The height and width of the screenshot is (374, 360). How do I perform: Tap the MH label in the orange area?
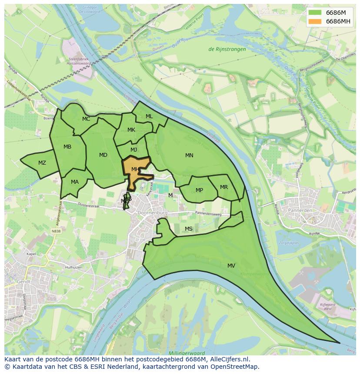(135, 169)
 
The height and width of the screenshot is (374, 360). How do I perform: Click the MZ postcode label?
(42, 163)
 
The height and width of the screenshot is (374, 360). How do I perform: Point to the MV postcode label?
(231, 266)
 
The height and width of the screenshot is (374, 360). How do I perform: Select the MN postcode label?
(189, 156)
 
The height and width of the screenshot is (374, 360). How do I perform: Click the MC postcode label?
(86, 119)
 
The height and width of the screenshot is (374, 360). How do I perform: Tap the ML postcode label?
(149, 116)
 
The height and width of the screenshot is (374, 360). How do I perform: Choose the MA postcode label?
(75, 182)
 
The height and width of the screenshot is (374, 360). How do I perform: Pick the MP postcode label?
(199, 190)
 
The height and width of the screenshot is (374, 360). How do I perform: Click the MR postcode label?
(224, 187)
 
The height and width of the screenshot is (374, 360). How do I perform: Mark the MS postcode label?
(188, 229)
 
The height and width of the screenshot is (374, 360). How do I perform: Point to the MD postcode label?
(103, 155)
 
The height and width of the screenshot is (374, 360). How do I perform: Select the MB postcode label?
(67, 147)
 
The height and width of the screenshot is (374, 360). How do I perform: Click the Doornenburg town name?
(152, 213)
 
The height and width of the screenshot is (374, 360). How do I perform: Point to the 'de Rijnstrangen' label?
(227, 49)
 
